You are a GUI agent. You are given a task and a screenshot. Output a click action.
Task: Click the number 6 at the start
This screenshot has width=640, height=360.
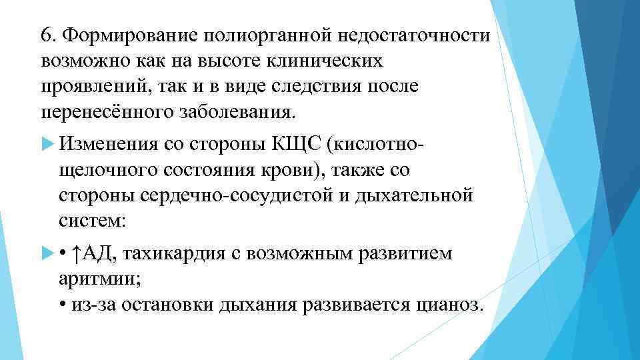click(x=45, y=35)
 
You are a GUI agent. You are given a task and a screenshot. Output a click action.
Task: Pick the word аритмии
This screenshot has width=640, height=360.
click(x=96, y=279)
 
